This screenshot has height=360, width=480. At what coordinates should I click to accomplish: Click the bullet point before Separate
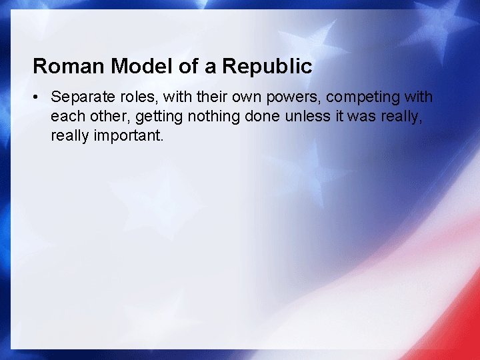37,97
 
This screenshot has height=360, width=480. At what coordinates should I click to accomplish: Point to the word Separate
83,97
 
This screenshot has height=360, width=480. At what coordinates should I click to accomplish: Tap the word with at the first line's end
419,97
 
